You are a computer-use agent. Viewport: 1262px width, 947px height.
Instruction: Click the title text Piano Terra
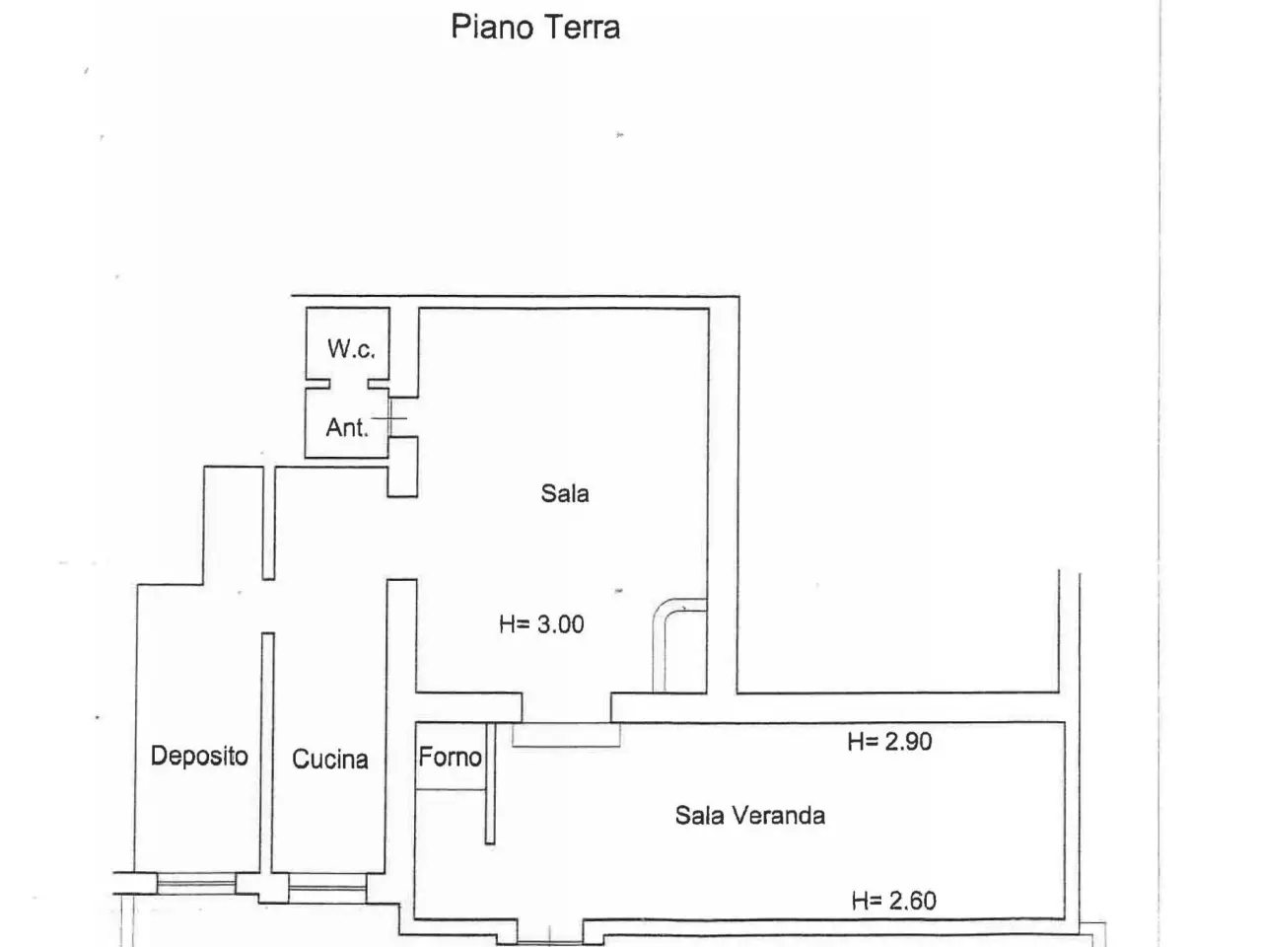coord(535,27)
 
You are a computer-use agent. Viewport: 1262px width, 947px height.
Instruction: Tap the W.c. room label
coord(351,348)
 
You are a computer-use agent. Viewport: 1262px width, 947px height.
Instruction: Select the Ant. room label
coord(347,427)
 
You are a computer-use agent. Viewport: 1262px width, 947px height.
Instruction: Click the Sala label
coord(565,493)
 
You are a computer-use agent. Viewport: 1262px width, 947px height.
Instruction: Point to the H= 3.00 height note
coord(541,623)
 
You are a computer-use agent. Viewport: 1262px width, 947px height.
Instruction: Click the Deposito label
coord(199,756)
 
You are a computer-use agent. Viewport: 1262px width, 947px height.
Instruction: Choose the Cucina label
coord(330,759)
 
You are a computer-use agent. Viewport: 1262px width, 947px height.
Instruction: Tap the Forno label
coord(451,757)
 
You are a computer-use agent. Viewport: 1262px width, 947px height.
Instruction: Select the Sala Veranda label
coord(750,816)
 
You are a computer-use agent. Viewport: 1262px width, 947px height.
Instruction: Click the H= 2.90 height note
coord(890,742)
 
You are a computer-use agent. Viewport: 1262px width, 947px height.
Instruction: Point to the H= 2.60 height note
coord(894,901)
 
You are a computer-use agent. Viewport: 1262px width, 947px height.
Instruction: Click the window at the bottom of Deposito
coord(196,883)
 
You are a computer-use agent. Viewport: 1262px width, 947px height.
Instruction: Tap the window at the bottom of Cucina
coord(327,888)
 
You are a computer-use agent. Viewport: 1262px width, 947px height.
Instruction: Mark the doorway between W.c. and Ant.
coord(348,384)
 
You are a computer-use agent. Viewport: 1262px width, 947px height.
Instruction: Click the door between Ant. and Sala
coord(389,418)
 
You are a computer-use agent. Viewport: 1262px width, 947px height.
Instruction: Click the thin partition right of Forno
coord(490,783)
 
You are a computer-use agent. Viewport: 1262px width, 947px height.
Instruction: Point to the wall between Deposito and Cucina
coord(267,754)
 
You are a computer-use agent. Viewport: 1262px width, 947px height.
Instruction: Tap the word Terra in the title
coord(582,27)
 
